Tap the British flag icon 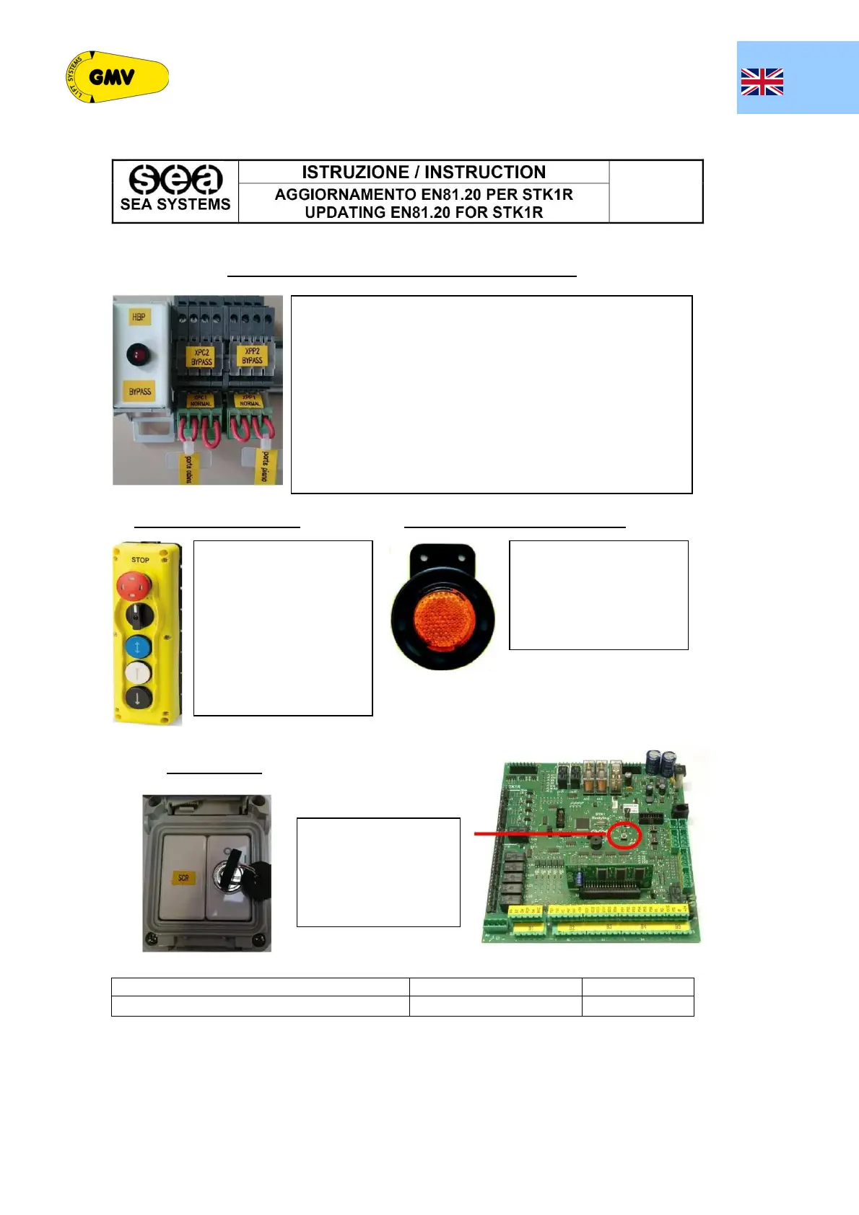tap(762, 82)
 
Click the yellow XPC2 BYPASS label tap(201, 357)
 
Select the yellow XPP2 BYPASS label tap(252, 356)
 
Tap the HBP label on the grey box tap(139, 317)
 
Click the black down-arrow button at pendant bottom tap(137, 698)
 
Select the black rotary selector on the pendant tap(139, 616)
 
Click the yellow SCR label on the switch tap(183, 878)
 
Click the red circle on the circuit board tap(624, 835)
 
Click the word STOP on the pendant tap(140, 560)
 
